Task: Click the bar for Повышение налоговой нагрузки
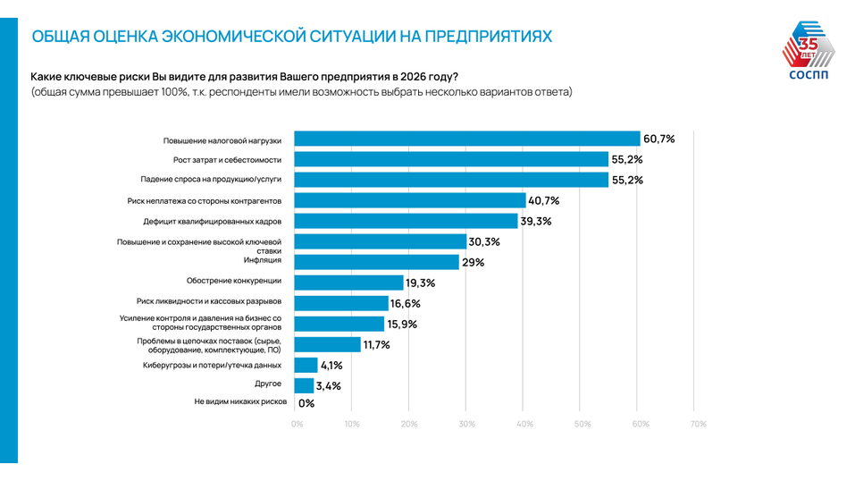[x=467, y=139]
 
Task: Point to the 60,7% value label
[x=659, y=139]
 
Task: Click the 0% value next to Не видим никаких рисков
[x=306, y=403]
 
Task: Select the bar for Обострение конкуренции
[x=348, y=283]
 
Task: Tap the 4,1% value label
[x=331, y=365]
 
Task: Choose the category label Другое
[x=268, y=384]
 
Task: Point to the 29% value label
[x=473, y=262]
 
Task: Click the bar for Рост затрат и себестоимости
[x=451, y=160]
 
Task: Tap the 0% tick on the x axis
[x=297, y=424]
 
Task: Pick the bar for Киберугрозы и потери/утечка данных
[x=306, y=365]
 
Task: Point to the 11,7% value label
[x=376, y=344]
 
